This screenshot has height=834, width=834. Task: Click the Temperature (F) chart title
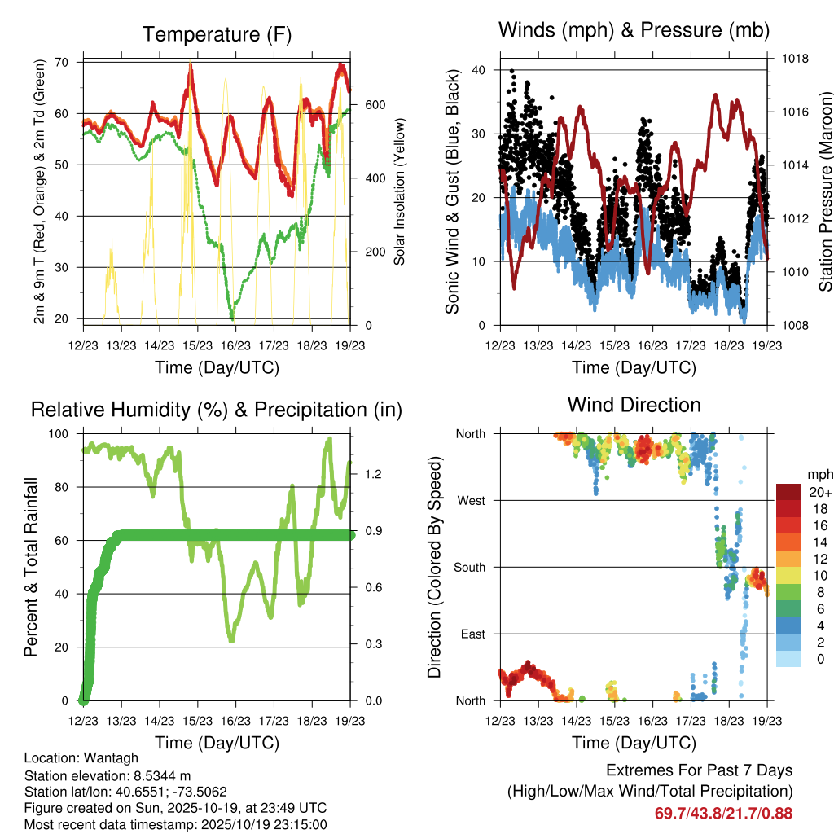(x=217, y=34)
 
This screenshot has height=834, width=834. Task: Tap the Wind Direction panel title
(x=634, y=405)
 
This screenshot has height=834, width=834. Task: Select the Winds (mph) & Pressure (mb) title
(x=634, y=31)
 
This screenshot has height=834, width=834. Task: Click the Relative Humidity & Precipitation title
(x=217, y=410)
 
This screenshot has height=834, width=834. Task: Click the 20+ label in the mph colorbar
(x=819, y=492)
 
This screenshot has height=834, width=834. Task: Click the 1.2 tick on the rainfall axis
(x=372, y=474)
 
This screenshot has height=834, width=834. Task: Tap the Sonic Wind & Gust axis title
(x=453, y=192)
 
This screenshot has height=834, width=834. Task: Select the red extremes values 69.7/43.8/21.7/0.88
(x=723, y=813)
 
